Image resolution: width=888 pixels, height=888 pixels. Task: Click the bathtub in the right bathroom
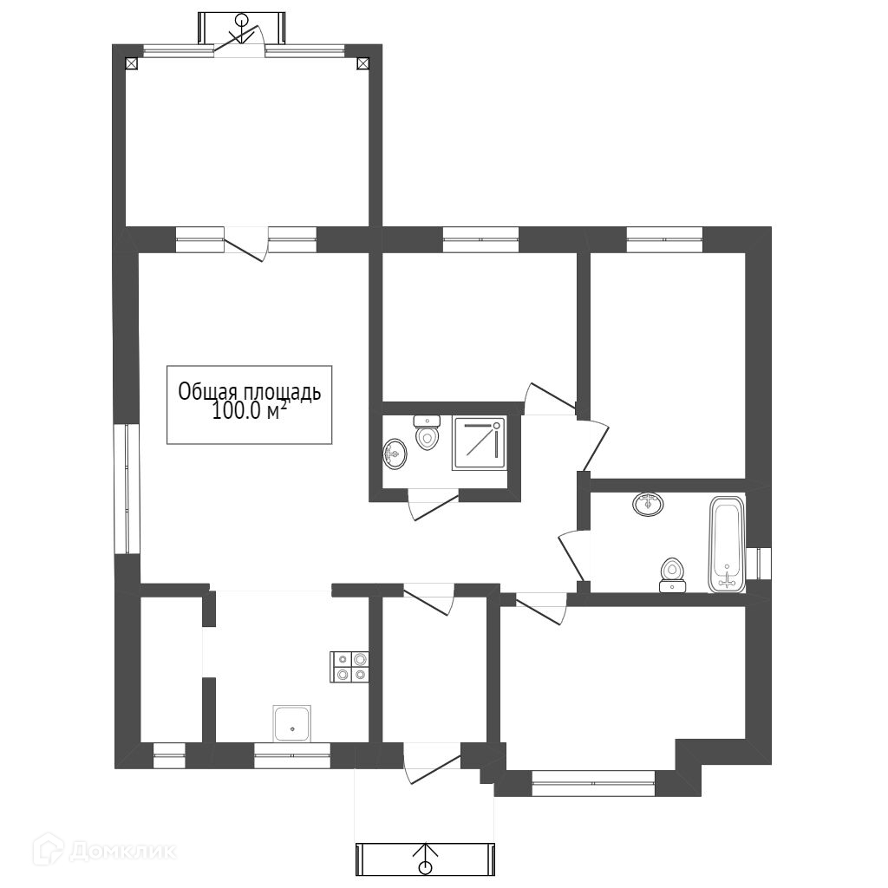pyautogui.click(x=727, y=545)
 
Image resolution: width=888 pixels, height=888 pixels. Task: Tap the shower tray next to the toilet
pyautogui.click(x=479, y=442)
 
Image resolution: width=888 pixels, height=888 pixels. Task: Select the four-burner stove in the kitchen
pyautogui.click(x=349, y=667)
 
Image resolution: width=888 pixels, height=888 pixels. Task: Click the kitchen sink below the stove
pyautogui.click(x=291, y=723)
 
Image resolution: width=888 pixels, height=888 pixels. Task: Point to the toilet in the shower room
pyautogui.click(x=427, y=433)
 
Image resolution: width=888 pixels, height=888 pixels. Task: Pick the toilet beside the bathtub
pyautogui.click(x=673, y=576)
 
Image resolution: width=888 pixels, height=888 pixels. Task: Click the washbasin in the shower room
pyautogui.click(x=395, y=453)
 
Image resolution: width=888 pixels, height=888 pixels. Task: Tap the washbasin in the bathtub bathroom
pyautogui.click(x=648, y=504)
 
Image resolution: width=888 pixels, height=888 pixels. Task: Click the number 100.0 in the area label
pyautogui.click(x=238, y=411)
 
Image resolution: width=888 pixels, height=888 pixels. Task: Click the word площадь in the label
pyautogui.click(x=283, y=393)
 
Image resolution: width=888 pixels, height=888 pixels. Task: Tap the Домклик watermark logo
pyautogui.click(x=104, y=850)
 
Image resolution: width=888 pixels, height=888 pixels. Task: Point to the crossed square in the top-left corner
pyautogui.click(x=132, y=63)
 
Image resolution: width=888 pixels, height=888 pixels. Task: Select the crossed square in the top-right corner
pyautogui.click(x=363, y=63)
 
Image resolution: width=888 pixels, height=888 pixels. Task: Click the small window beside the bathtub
pyautogui.click(x=758, y=564)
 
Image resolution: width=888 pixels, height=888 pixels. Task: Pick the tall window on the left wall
pyautogui.click(x=127, y=489)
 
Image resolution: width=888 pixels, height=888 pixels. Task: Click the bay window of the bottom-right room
pyautogui.click(x=593, y=783)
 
